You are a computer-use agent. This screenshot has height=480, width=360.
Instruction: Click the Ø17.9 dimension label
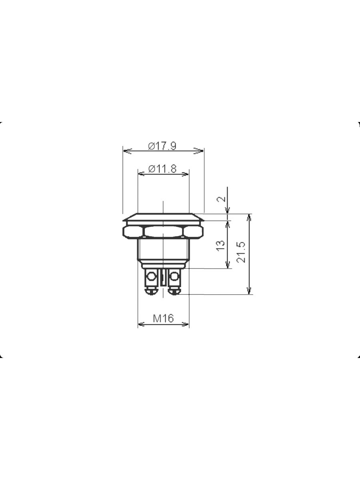point(162,146)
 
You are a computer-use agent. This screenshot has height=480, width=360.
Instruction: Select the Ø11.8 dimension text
point(162,169)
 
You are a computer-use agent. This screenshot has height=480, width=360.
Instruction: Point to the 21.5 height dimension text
point(241,252)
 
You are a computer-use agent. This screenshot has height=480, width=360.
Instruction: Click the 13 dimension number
point(220,246)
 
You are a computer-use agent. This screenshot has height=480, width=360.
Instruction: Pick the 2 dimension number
point(221,199)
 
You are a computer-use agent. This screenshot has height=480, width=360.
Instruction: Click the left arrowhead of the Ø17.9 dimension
point(128,151)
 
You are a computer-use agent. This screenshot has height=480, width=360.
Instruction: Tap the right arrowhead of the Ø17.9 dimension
point(199,151)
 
